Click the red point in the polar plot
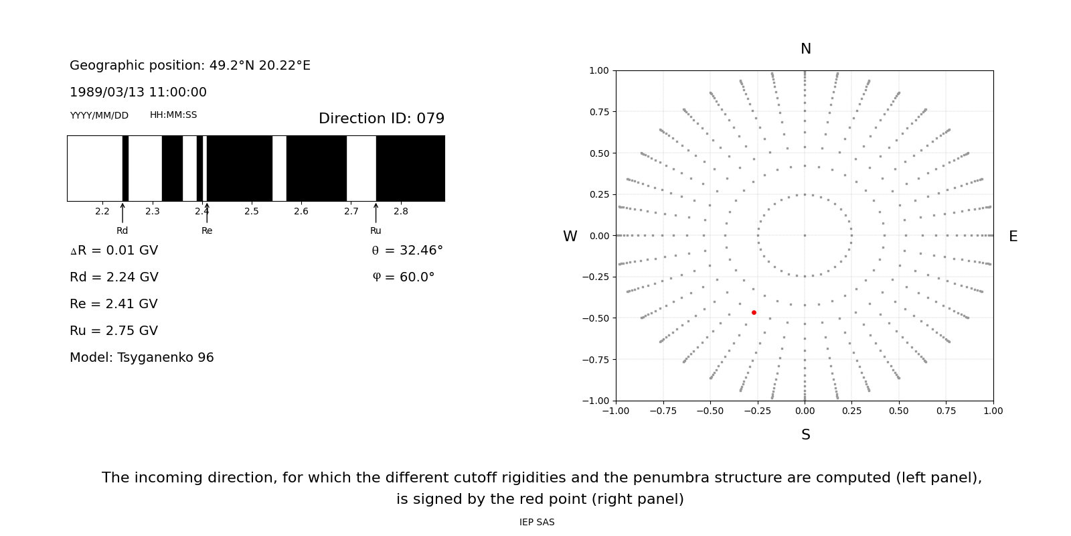[754, 312]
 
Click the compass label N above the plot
[805, 49]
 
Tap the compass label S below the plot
[805, 435]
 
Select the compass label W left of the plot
[570, 237]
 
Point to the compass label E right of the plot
[1013, 237]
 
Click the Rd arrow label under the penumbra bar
[122, 230]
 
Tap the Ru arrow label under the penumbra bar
[376, 230]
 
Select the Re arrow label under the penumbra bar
[207, 230]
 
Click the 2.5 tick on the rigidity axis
[252, 211]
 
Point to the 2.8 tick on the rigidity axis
[400, 211]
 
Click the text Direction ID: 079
[381, 119]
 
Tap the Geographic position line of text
[190, 66]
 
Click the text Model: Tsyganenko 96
[142, 358]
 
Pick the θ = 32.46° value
[407, 251]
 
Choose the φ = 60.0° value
[403, 277]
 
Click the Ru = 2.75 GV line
[114, 331]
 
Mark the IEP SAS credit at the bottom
[536, 523]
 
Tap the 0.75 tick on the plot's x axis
[946, 411]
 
